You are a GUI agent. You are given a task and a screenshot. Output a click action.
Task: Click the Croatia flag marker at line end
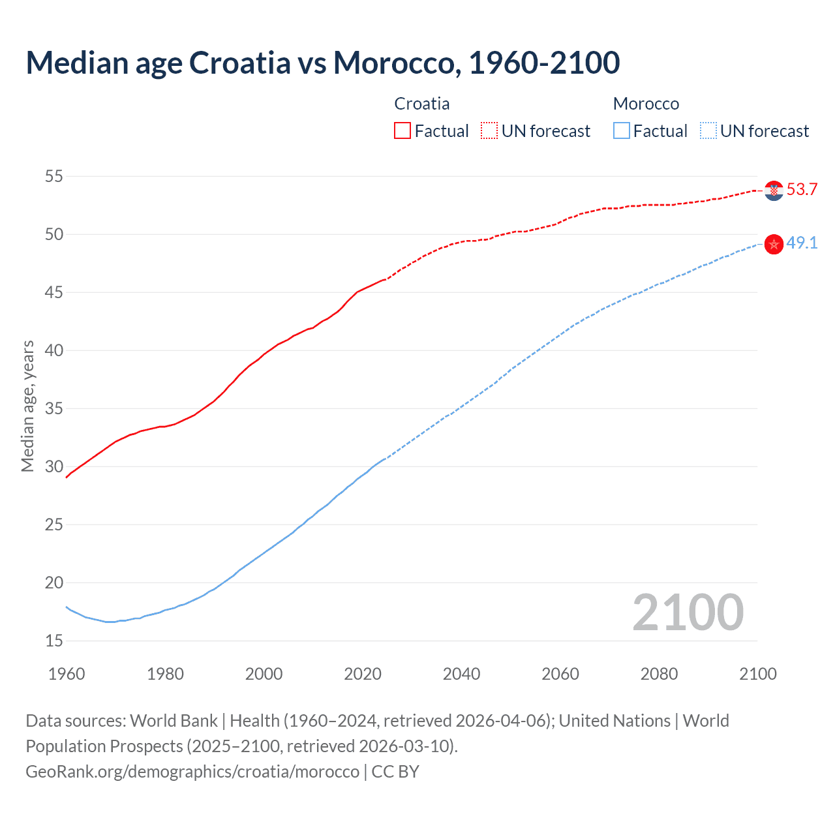point(774,190)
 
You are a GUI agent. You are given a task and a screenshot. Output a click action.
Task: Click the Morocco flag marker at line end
point(774,244)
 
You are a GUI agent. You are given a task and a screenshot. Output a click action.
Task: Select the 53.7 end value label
point(802,190)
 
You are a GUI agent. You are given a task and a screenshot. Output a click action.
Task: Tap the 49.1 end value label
point(802,243)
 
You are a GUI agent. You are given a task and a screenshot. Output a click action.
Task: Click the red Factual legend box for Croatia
point(402,130)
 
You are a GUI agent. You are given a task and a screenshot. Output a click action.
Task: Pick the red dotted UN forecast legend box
point(489,130)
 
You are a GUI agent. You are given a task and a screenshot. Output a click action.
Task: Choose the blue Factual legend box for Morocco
point(622,130)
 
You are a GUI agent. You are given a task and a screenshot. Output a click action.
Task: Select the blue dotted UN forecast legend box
point(708,130)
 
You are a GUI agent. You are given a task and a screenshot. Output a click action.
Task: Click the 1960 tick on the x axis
point(67,674)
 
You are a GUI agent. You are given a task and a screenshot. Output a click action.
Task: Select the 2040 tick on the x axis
point(461,674)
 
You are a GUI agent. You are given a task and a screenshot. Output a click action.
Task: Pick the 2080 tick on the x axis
point(659,674)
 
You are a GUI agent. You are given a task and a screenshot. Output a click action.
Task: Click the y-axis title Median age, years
point(27,406)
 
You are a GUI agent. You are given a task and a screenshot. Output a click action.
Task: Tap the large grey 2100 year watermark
point(688,612)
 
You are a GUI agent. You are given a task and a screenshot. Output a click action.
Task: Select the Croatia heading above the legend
point(422,104)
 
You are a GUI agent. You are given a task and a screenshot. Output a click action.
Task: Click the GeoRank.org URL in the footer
point(192,772)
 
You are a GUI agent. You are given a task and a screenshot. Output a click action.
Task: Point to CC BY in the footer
point(395,772)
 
